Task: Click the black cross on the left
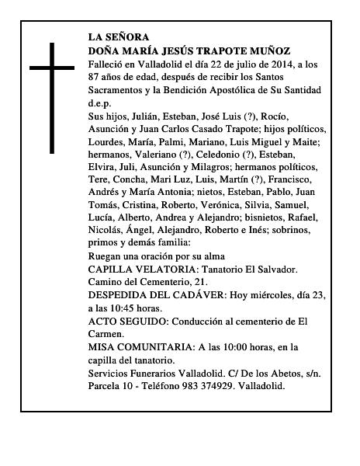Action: [52, 97]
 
